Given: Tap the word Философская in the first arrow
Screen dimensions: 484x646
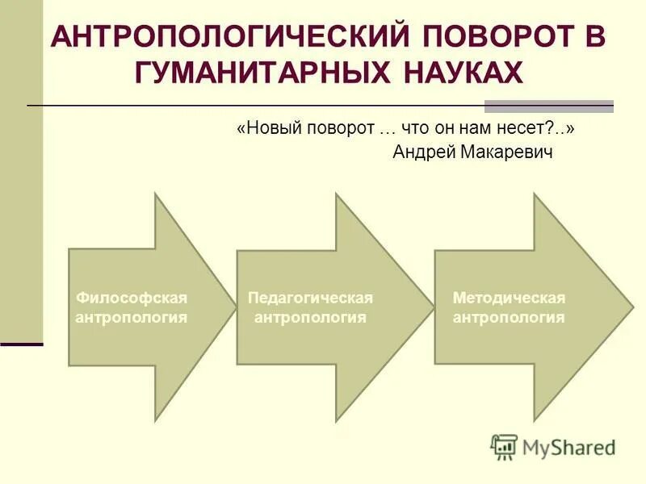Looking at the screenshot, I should [x=132, y=298].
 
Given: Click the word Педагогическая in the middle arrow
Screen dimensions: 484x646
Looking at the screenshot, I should [x=310, y=298].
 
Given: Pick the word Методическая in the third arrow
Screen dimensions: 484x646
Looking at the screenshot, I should [x=509, y=298].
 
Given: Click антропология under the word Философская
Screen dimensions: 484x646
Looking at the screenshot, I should [x=132, y=318].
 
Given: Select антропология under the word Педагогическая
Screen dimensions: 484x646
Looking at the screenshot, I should [x=310, y=318].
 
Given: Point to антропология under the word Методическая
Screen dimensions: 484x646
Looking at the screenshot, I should [x=509, y=318].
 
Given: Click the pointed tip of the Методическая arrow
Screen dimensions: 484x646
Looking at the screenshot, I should [x=631, y=307].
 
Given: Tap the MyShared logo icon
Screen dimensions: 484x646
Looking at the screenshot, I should [x=504, y=446].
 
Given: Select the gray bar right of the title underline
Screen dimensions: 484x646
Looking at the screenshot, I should [x=548, y=106].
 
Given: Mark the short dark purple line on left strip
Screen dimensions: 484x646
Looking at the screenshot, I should [x=21, y=344].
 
